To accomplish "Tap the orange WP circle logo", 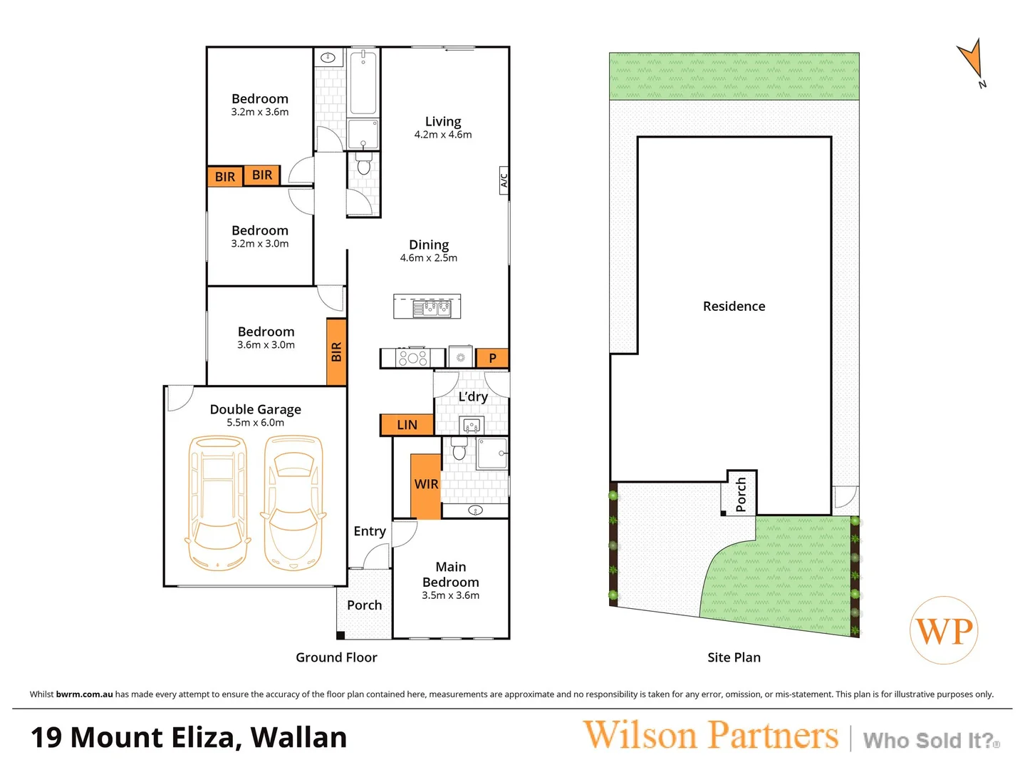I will (x=944, y=631).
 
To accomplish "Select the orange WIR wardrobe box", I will (x=426, y=485).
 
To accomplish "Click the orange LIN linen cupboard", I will (x=407, y=425).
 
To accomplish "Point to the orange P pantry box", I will (x=492, y=358).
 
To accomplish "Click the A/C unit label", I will (x=504, y=180).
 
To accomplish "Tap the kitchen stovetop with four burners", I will (x=413, y=358).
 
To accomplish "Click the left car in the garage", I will (x=217, y=503).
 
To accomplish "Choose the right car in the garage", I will (x=293, y=503).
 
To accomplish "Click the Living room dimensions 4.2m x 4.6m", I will (x=443, y=135).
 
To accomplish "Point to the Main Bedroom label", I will (x=450, y=574).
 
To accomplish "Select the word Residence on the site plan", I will (x=734, y=307).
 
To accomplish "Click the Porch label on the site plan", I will (x=741, y=494).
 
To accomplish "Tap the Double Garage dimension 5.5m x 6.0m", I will (x=255, y=423).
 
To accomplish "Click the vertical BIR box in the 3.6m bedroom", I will (x=336, y=352).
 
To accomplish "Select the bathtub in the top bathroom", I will (x=363, y=82).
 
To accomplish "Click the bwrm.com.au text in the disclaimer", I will (x=84, y=694).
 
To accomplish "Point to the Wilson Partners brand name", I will (x=710, y=736).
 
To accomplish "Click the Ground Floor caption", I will (x=336, y=657).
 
